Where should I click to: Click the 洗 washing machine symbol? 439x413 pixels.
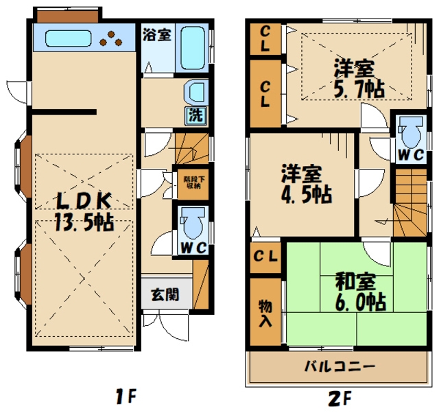pyautogui.click(x=195, y=115)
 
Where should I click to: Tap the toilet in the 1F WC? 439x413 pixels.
pyautogui.click(x=191, y=224)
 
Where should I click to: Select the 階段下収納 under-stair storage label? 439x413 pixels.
pyautogui.click(x=192, y=182)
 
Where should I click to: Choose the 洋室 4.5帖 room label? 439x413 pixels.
pyautogui.click(x=305, y=183)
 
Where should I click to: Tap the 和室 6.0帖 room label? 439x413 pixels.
pyautogui.click(x=359, y=291)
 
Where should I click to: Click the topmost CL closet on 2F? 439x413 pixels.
pyautogui.click(x=265, y=40)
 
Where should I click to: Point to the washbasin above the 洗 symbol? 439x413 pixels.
pyautogui.click(x=195, y=92)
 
